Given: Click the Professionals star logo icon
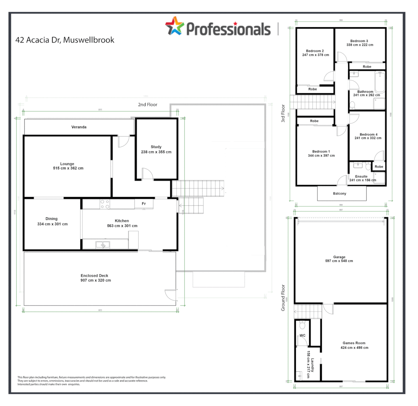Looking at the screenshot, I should [x=175, y=26].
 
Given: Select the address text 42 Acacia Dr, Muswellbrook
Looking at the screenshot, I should [x=65, y=40].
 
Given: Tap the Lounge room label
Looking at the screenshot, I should [x=68, y=164].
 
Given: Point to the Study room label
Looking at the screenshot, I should [x=156, y=147].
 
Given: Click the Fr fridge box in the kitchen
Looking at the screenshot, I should [x=144, y=204].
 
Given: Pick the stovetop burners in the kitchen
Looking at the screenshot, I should [x=105, y=204].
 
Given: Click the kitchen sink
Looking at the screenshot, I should [x=103, y=245].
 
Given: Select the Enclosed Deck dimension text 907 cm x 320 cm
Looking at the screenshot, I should [x=96, y=280].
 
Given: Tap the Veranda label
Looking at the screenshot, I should [x=79, y=127].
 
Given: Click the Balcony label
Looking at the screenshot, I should [x=340, y=194].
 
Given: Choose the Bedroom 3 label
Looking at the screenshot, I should [x=359, y=41].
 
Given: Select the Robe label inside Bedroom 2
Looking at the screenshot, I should [x=312, y=89].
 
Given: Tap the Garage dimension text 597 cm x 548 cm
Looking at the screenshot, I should [x=339, y=261].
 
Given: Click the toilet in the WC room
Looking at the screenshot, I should [x=302, y=325].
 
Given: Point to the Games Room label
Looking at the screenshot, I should [x=354, y=343].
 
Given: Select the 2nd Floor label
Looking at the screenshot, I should [x=147, y=105].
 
